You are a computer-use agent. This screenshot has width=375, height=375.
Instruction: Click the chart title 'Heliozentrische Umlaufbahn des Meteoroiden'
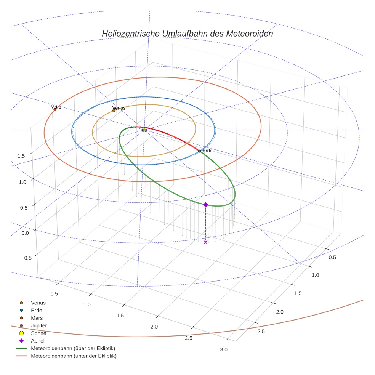click(x=187, y=34)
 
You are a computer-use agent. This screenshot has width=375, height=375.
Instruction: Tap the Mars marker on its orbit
click(x=55, y=110)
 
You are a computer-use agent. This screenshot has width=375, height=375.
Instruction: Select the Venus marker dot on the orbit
click(x=114, y=111)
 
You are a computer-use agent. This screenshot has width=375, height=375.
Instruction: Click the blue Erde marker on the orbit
click(x=199, y=151)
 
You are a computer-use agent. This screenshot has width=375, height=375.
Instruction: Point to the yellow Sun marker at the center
click(x=144, y=130)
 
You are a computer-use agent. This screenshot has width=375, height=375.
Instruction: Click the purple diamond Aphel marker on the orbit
click(x=205, y=205)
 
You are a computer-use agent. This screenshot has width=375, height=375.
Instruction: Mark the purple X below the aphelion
click(x=205, y=242)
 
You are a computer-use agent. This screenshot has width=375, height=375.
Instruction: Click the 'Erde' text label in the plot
click(x=207, y=151)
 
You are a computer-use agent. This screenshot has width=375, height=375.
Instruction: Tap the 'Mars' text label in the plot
click(x=56, y=107)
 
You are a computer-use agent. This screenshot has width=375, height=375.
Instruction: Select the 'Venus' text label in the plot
click(x=119, y=108)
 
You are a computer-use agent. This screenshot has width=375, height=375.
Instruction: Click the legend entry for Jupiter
click(x=38, y=325)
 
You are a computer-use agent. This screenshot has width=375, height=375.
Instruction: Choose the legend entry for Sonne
click(x=38, y=333)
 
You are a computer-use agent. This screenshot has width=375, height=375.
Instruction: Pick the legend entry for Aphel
click(x=38, y=341)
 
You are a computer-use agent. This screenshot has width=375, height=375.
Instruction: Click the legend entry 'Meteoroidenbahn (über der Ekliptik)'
click(x=73, y=348)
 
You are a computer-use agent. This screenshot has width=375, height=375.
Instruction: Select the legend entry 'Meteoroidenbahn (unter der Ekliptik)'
click(x=74, y=356)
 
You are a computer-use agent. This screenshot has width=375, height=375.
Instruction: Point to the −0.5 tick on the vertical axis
click(x=26, y=258)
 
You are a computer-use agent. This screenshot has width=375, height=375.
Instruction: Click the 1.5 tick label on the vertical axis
click(x=21, y=156)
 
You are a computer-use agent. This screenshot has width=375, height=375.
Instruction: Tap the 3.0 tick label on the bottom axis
click(x=224, y=350)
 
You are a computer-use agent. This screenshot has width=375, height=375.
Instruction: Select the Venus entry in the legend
click(x=38, y=303)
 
